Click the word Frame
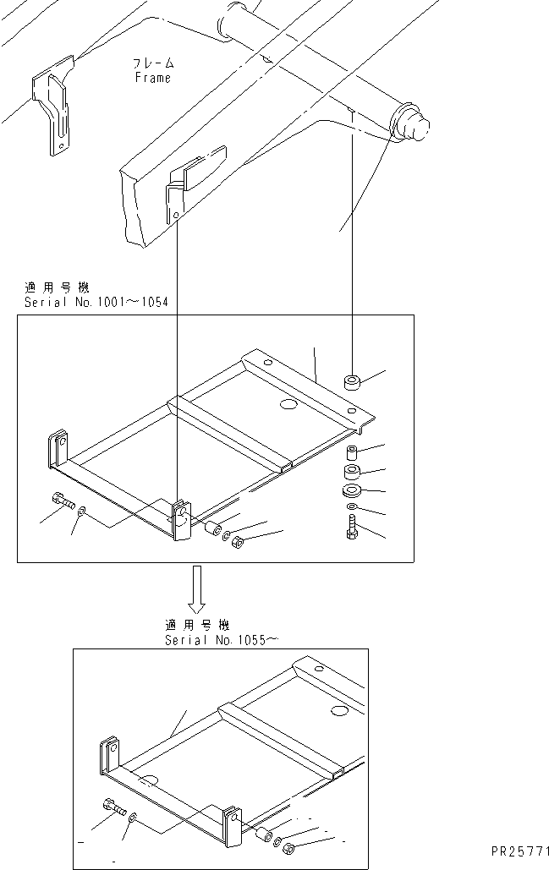pyautogui.click(x=152, y=78)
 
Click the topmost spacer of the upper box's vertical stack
pyautogui.click(x=353, y=383)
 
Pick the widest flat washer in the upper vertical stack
pyautogui.click(x=352, y=491)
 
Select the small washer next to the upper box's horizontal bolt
pyautogui.click(x=80, y=512)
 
